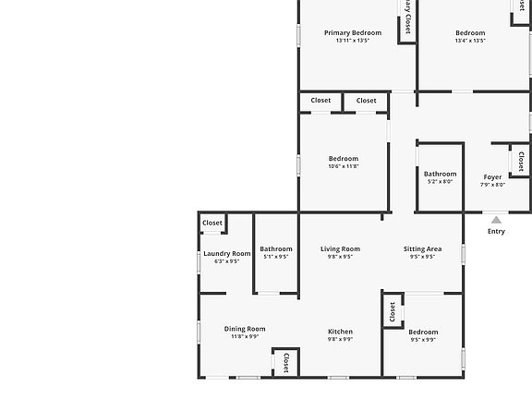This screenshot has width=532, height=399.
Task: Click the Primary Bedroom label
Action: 352,33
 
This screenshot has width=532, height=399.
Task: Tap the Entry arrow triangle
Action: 496,220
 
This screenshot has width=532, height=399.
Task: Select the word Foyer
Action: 493,177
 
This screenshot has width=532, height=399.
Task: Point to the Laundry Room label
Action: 227,254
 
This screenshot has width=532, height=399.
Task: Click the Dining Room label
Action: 245,329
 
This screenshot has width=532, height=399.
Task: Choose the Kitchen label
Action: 340,332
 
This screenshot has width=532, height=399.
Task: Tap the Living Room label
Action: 340,249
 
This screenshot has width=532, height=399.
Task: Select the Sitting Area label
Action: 422,249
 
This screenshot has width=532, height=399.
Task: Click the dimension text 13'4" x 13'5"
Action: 470,41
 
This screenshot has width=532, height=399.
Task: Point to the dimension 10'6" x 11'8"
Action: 344,166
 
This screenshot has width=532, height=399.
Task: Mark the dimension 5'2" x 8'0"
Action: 440,182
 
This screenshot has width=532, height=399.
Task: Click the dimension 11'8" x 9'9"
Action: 245,337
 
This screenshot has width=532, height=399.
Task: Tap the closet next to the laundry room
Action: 212,223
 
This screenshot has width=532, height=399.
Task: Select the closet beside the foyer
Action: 521,162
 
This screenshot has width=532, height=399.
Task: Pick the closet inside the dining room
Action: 285,362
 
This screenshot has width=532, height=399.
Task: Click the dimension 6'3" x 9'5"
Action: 227,261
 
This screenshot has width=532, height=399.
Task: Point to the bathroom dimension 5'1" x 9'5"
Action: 275,257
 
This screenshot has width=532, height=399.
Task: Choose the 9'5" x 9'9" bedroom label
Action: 423,332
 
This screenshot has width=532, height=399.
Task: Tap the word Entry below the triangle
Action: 496,232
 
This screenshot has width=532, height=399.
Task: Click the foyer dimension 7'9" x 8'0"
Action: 493,185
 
